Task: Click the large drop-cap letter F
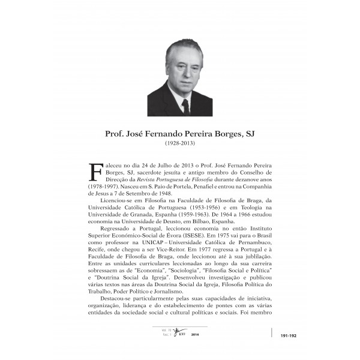pos(95,172)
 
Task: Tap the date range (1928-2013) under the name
pos(180,144)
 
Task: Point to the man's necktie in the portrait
pos(185,106)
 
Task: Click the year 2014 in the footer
pos(194,335)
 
